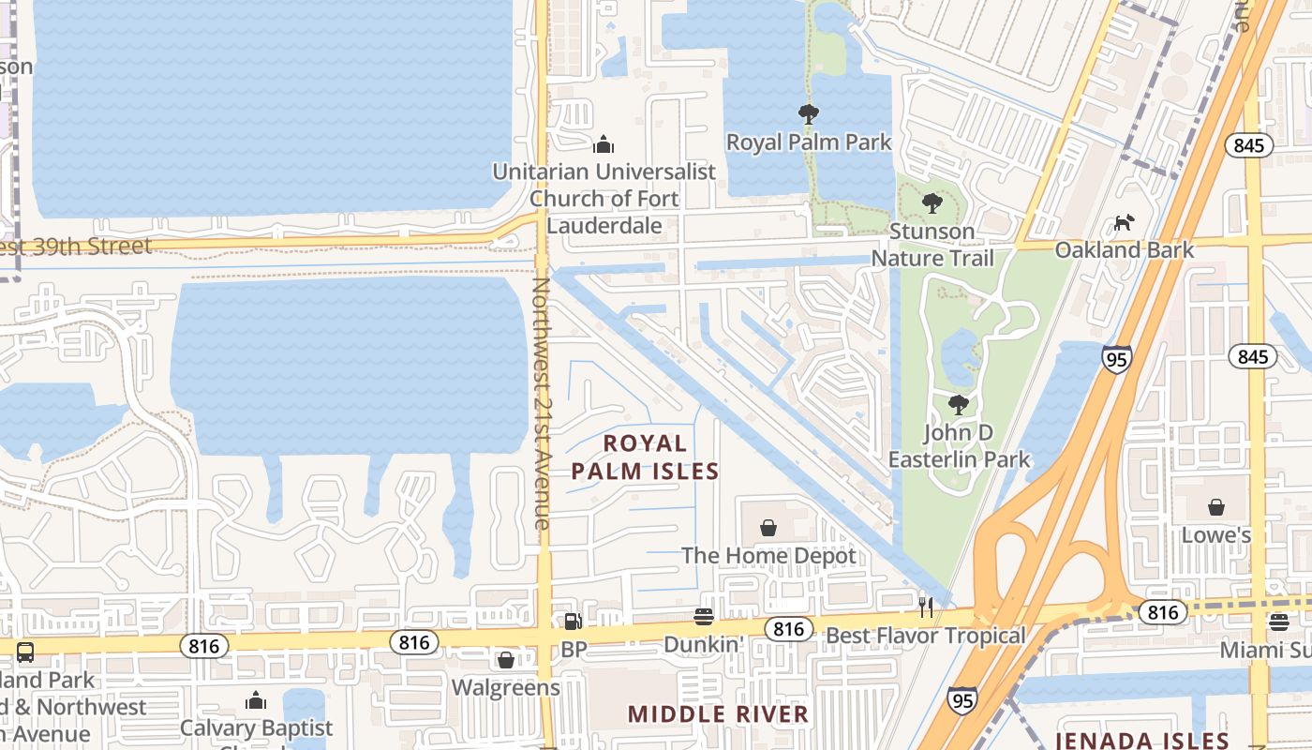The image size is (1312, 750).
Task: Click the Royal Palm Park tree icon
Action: (x=808, y=115)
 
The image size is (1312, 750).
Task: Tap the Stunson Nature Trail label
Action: (x=932, y=244)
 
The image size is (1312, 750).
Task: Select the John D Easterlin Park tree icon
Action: (x=958, y=405)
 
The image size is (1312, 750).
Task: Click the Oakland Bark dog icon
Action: (x=1124, y=223)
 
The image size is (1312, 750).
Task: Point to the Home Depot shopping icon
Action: (x=768, y=529)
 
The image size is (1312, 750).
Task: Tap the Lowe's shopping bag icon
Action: (x=1216, y=508)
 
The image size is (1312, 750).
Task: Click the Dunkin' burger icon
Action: (x=704, y=617)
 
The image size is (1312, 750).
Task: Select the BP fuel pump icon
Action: (x=573, y=622)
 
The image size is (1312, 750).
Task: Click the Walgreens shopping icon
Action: (x=506, y=661)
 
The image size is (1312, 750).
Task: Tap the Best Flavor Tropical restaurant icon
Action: (x=926, y=607)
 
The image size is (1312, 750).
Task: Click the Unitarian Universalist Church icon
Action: (x=604, y=144)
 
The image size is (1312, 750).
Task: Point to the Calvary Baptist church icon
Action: (x=256, y=700)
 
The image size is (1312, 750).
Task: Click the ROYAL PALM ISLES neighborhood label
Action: (x=645, y=457)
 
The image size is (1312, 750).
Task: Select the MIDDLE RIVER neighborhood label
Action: (x=718, y=714)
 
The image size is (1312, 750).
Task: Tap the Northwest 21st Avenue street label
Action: (x=543, y=403)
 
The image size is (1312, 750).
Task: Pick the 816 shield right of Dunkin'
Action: (x=788, y=629)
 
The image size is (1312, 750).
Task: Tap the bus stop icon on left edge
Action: (x=25, y=652)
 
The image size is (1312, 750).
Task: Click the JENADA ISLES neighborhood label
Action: (x=1142, y=741)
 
